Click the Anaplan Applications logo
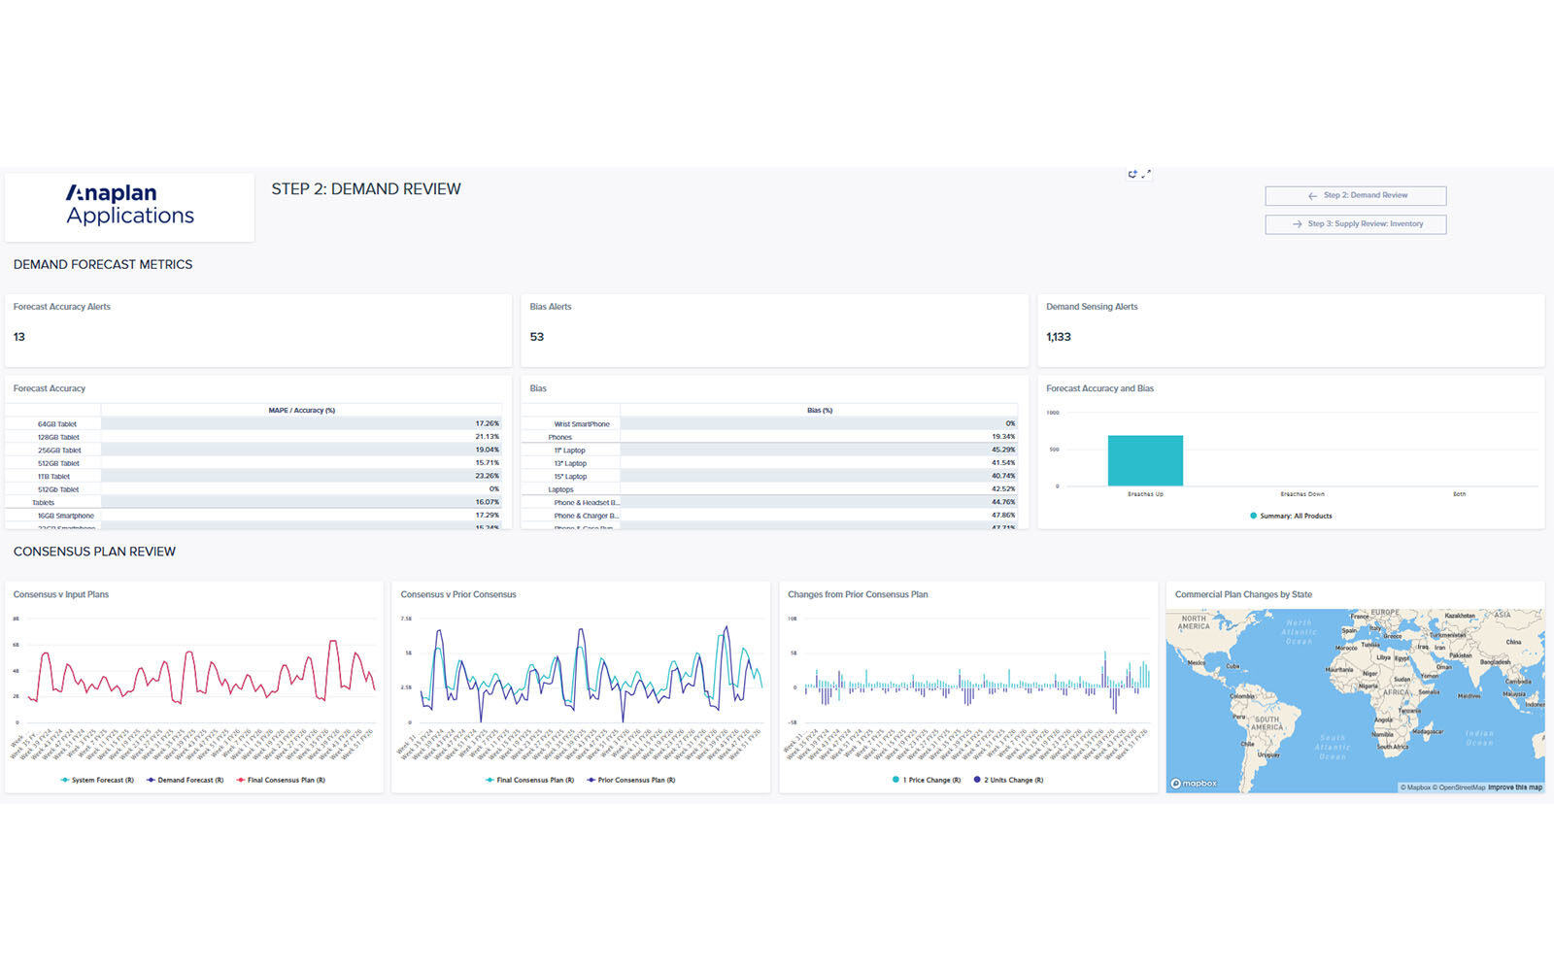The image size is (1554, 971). point(130,205)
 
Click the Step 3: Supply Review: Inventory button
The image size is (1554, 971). point(1355,224)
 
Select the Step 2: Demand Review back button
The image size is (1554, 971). point(1355,195)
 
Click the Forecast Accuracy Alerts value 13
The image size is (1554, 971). point(19,337)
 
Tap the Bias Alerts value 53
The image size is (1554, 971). point(537,337)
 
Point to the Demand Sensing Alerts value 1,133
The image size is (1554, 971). point(1059,337)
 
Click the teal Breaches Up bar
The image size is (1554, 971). point(1145,460)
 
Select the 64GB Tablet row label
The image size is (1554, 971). point(57,424)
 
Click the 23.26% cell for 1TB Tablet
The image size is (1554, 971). point(487,476)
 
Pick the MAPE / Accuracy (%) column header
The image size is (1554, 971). point(301,411)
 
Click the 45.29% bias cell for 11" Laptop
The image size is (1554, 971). point(1003,450)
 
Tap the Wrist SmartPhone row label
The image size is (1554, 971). point(582,424)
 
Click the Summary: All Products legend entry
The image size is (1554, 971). point(1296,516)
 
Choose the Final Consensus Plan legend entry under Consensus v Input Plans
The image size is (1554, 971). point(286,780)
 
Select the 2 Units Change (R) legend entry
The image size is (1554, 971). point(1013,780)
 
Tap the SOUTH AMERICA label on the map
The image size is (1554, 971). point(1267,723)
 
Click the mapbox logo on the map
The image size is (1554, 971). point(1194,784)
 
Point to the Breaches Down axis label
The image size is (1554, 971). point(1301,494)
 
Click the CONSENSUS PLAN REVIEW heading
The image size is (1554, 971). point(94,552)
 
